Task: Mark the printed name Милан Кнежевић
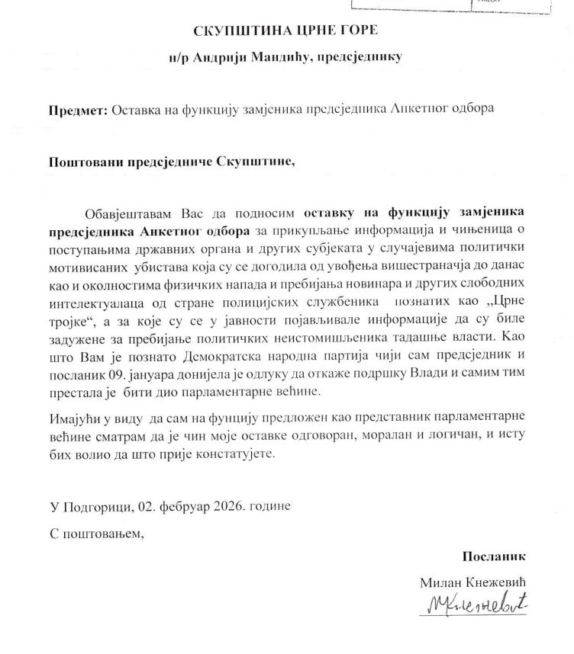pyautogui.click(x=474, y=582)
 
